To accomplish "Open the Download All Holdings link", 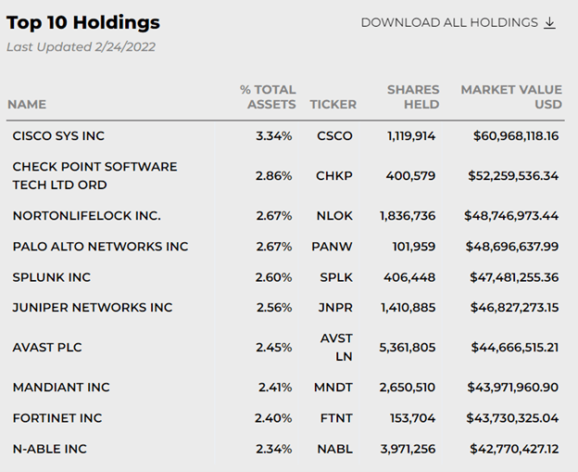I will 449,22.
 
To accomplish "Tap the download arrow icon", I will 550,22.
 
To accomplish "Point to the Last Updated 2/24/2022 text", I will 81,47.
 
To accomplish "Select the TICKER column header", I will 333,105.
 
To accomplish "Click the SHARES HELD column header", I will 413,97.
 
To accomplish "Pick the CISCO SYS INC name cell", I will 58,136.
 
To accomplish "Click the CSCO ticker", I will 334,136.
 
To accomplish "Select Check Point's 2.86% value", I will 273,176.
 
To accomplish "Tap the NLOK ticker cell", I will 334,216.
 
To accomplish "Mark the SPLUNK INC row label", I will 52,277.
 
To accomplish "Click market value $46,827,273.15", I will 512,308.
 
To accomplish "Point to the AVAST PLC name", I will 47,348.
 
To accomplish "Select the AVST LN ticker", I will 336,348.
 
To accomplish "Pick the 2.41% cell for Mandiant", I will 274,388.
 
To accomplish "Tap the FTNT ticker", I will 334,418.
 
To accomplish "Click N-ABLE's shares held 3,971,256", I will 408,449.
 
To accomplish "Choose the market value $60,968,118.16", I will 516,136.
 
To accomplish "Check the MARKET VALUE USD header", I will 511,97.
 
